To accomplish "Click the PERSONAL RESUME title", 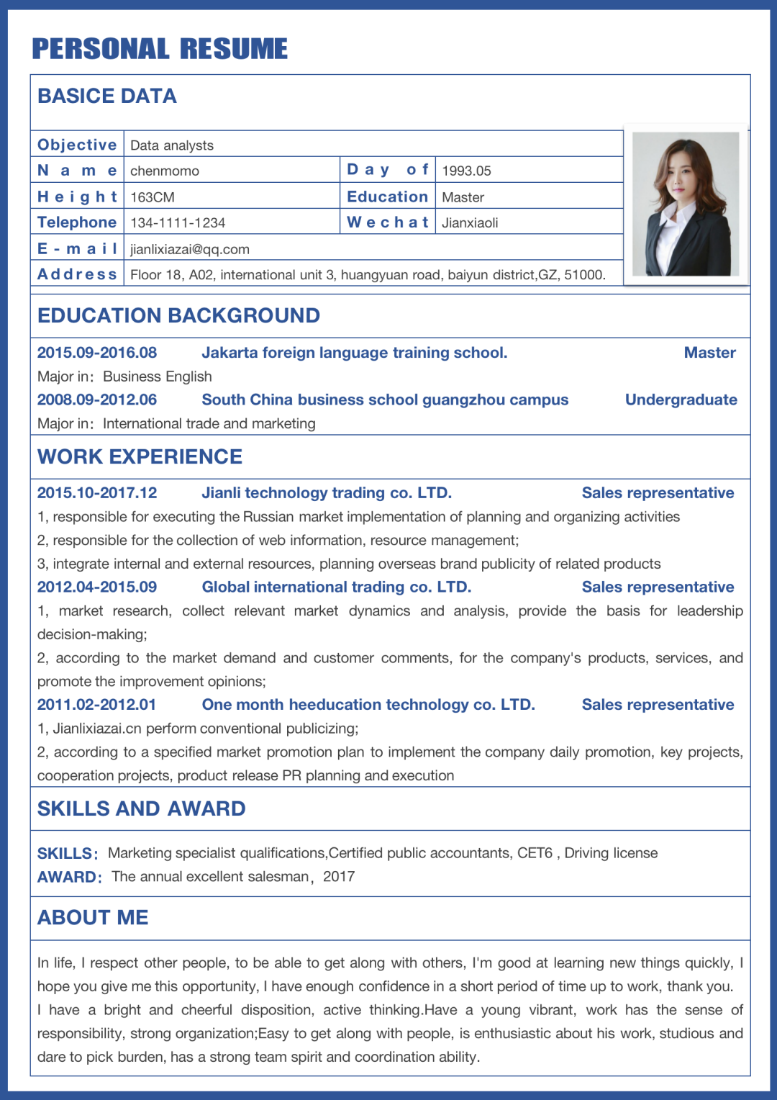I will pyautogui.click(x=160, y=49).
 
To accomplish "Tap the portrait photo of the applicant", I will pyautogui.click(x=685, y=204).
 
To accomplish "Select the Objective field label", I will pyautogui.click(x=77, y=145).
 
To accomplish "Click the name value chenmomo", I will pyautogui.click(x=165, y=171).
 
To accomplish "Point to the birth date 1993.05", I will pyautogui.click(x=466, y=171).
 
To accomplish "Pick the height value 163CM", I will pyautogui.click(x=153, y=197).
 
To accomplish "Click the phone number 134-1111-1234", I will pyautogui.click(x=178, y=222).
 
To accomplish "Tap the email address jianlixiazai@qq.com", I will pyautogui.click(x=190, y=249).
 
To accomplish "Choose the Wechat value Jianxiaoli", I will pyautogui.click(x=470, y=222).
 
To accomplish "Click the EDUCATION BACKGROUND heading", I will pyautogui.click(x=178, y=315).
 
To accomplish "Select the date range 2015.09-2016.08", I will pyautogui.click(x=97, y=353).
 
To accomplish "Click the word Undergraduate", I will pyautogui.click(x=681, y=400).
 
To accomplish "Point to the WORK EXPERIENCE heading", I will pyautogui.click(x=140, y=456).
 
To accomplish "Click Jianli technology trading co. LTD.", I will pyautogui.click(x=327, y=493).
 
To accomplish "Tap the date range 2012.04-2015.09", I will pyautogui.click(x=97, y=587).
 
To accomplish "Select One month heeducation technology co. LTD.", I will pyautogui.click(x=368, y=705).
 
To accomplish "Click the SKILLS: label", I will pyautogui.click(x=67, y=854).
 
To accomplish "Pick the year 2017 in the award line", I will pyautogui.click(x=339, y=876).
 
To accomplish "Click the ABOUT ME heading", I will pyautogui.click(x=93, y=917).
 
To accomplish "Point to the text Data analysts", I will pyautogui.click(x=172, y=145).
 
